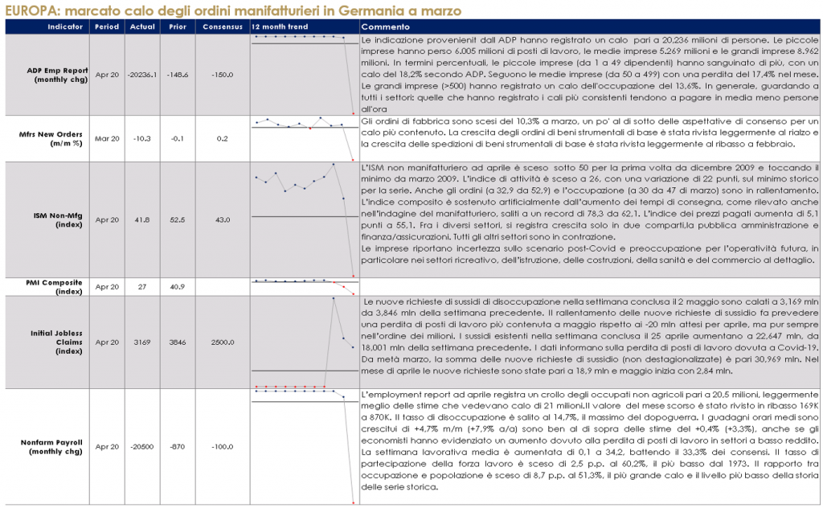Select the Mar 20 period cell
(x=107, y=138)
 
